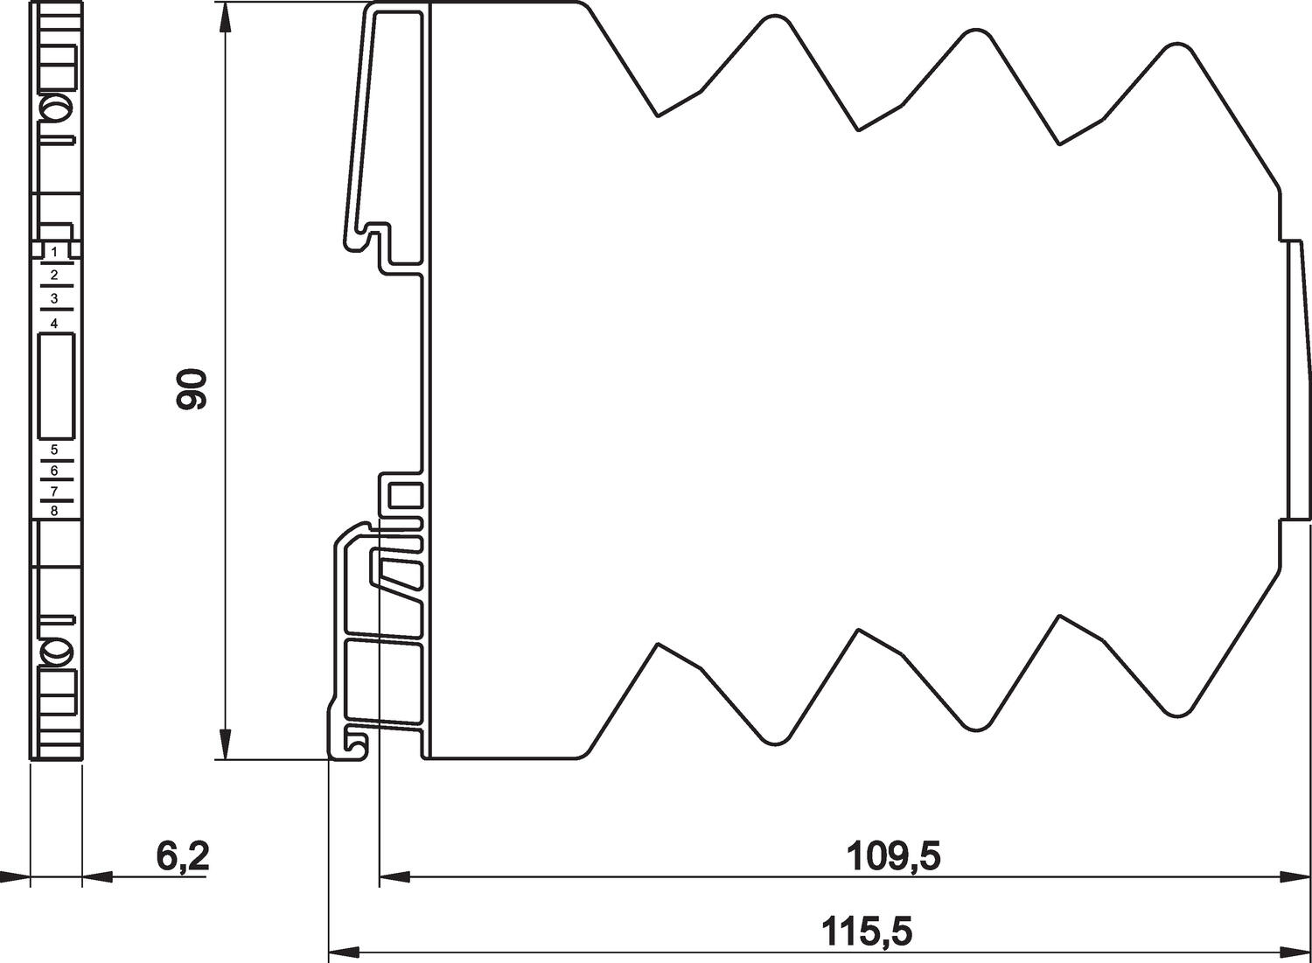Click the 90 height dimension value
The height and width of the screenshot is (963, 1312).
pos(192,389)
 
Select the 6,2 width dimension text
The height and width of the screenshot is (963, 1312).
pos(183,857)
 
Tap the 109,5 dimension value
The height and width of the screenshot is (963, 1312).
pos(893,856)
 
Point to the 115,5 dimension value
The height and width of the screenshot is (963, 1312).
pos(867,932)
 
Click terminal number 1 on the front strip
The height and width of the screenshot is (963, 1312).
pos(54,253)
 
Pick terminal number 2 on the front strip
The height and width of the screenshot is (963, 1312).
pos(54,275)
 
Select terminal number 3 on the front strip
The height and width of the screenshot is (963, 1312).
pos(54,298)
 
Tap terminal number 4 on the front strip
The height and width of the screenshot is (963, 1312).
pos(54,324)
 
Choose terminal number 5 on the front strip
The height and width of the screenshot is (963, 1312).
pos(54,450)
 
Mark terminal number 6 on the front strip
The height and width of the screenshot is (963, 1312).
pos(54,471)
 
